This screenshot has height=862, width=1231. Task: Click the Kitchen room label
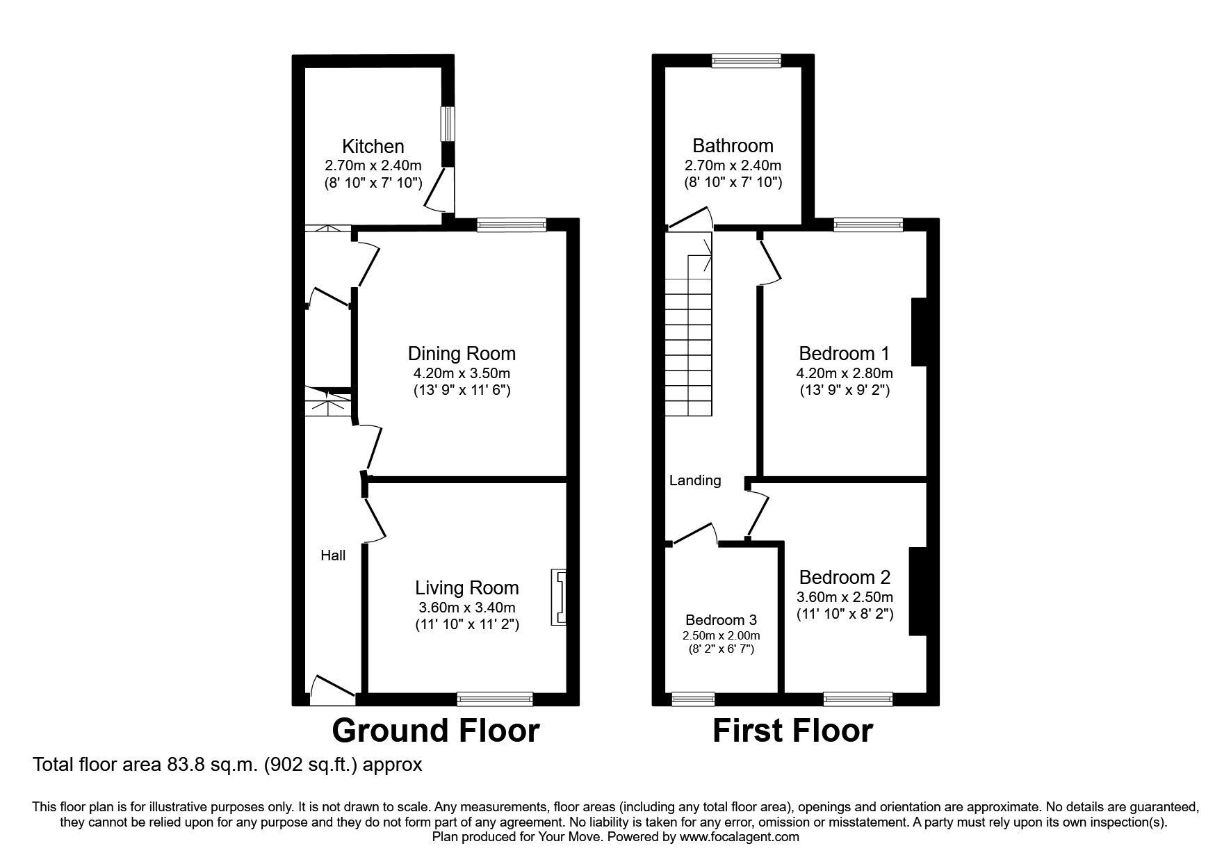pos(373,147)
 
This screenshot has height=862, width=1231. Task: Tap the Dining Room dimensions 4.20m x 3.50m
pos(462,373)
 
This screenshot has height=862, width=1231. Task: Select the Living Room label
pos(467,588)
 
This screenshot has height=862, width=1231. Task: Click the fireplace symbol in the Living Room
pos(558,598)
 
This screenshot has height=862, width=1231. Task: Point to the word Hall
pos(333,555)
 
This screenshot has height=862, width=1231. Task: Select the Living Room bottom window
pos(495,699)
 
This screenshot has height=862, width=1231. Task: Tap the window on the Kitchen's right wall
pos(448,124)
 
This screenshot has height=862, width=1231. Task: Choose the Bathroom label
pos(733,146)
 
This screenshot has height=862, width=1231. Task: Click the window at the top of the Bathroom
pos(746,61)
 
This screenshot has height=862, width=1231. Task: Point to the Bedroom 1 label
pos(844,353)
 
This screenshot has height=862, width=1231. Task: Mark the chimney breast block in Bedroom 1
pos(920,332)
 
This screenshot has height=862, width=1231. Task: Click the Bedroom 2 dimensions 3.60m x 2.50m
pos(845,596)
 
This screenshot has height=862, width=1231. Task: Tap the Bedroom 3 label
pos(721,620)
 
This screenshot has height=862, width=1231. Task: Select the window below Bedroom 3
pos(693,699)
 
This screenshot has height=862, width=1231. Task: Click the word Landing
pos(695,480)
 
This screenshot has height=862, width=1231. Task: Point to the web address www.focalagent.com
pos(740,837)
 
